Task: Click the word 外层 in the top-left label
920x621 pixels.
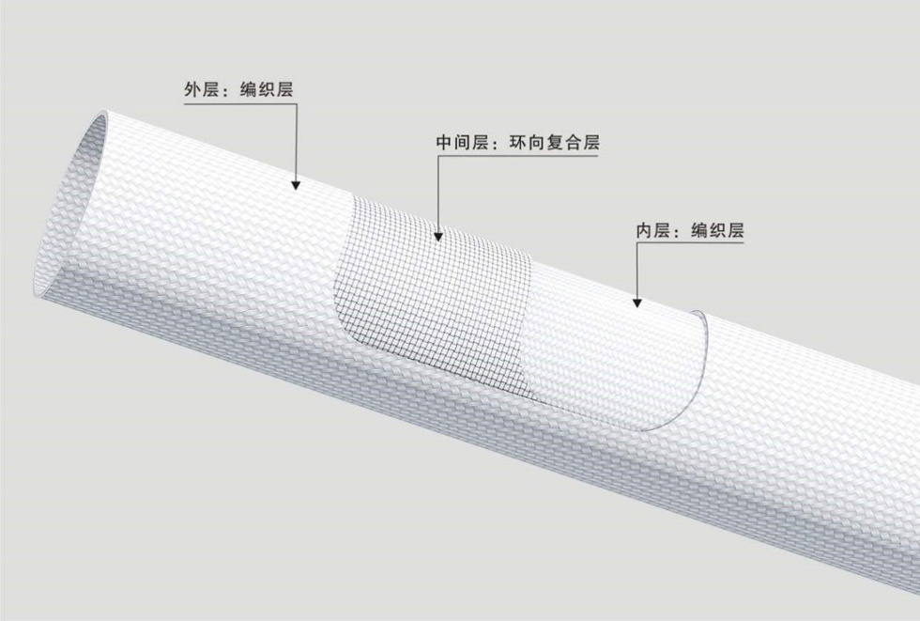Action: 199,90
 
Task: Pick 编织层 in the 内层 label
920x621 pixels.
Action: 718,230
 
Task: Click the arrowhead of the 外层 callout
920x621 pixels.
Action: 296,186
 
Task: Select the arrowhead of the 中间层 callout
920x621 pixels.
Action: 439,236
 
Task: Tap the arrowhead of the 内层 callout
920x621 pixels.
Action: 636,302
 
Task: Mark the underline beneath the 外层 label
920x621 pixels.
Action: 239,104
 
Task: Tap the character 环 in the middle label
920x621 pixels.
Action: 519,144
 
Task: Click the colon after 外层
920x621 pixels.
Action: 226,92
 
